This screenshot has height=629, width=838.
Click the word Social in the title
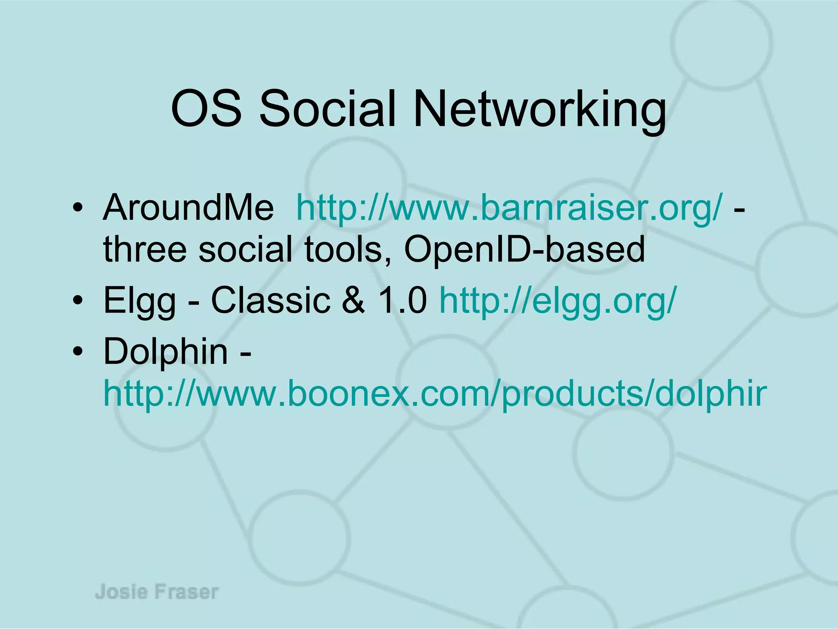[328, 109]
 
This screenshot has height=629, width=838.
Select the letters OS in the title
[206, 109]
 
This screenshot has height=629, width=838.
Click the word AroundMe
[188, 207]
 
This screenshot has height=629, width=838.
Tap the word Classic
[270, 300]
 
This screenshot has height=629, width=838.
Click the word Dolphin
[166, 351]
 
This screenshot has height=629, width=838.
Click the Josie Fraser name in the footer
[157, 592]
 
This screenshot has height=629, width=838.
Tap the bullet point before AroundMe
[77, 208]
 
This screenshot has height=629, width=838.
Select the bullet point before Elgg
[77, 301]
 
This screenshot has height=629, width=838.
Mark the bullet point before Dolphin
[77, 351]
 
